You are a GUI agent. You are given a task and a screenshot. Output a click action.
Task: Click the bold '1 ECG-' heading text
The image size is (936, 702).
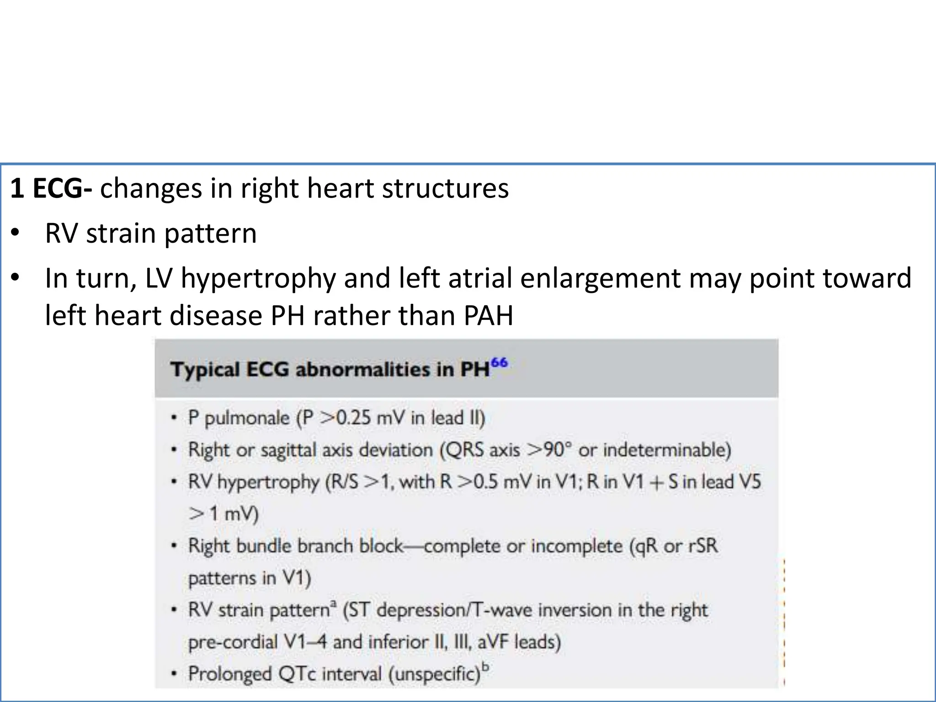point(51,188)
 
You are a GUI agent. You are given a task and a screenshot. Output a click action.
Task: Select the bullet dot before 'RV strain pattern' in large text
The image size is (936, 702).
point(16,234)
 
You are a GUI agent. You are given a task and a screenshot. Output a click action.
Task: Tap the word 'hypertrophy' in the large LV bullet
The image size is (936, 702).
point(258,278)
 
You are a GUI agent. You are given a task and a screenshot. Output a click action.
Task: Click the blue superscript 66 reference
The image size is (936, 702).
point(500,363)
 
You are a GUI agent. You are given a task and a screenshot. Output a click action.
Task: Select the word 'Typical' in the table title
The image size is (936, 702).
point(205,369)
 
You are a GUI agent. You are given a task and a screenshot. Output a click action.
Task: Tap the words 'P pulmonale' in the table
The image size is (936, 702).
point(239,418)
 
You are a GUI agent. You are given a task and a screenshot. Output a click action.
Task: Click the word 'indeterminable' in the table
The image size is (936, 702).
point(666,450)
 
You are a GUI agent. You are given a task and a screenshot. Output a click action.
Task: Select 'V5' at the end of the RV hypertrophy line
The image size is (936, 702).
point(749,482)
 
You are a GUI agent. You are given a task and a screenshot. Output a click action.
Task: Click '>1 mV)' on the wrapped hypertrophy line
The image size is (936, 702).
point(223,514)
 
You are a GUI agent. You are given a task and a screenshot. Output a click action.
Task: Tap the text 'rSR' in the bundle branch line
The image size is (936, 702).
point(702,546)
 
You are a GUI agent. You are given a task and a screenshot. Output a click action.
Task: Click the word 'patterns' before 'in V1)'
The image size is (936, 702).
point(223,579)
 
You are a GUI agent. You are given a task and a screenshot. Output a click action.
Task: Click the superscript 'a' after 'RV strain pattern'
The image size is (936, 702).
point(333,604)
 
